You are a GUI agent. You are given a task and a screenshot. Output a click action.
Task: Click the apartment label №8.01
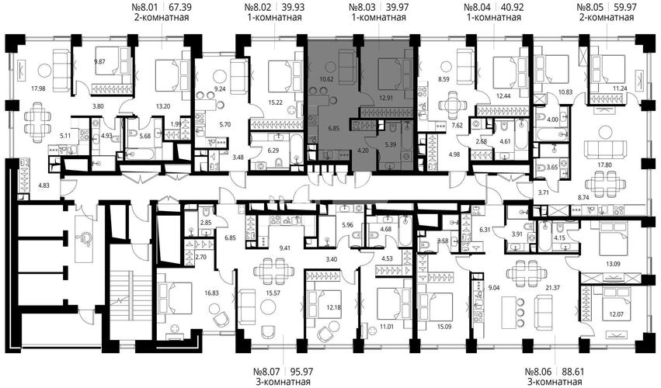click(146, 7)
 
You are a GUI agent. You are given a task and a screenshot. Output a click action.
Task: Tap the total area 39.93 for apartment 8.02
click(293, 7)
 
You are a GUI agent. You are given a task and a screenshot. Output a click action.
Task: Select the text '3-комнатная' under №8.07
click(282, 382)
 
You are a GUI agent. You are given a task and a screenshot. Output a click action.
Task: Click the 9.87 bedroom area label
click(100, 62)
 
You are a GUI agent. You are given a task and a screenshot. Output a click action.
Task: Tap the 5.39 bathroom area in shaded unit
click(389, 144)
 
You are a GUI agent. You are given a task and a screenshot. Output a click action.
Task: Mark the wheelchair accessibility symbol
click(85, 238)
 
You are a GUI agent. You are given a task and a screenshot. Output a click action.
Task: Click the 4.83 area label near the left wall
click(43, 185)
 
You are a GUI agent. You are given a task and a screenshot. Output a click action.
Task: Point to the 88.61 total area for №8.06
click(572, 372)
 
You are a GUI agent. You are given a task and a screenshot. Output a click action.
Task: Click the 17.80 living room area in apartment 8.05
click(604, 165)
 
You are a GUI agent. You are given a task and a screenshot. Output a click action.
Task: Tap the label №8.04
click(478, 7)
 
